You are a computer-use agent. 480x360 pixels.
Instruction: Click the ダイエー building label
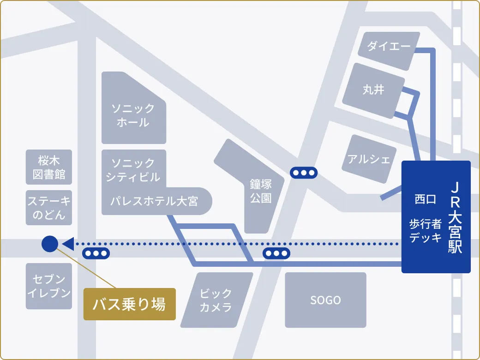pos(389,46)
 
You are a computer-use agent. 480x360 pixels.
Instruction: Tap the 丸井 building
pos(373,90)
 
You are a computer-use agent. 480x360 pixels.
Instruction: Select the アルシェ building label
pos(368,160)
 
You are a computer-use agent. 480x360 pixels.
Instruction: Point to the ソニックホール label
pos(133,115)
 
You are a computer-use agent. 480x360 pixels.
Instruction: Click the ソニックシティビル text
pos(133,170)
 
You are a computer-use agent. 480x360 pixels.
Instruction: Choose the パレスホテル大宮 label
pos(154,201)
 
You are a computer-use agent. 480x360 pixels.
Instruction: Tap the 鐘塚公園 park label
pos(261,191)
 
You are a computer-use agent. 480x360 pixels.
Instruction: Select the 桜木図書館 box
pos(49,168)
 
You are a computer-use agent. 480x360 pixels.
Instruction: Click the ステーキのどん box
pos(49,208)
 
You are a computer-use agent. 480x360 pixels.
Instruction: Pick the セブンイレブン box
pos(49,286)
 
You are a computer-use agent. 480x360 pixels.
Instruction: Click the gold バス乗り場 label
pos(129,304)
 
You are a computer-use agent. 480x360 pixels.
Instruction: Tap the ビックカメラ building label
pos(216,300)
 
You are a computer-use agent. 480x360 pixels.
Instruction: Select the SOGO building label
pos(325,300)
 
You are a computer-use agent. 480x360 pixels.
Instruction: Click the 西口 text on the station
pos(425,199)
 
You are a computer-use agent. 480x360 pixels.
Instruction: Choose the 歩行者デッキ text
pos(425,231)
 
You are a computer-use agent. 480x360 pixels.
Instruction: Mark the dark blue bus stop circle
pos(49,244)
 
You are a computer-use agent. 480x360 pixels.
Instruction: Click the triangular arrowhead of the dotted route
pos(68,244)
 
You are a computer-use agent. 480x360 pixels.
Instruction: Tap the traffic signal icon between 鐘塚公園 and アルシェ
pos(304,173)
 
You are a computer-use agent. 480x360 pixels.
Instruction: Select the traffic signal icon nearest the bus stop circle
pos(96,253)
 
